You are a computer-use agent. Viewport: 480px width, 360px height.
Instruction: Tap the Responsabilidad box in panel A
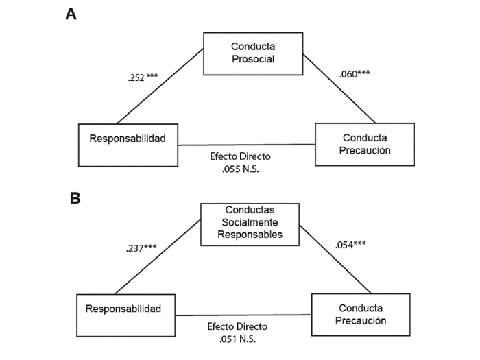click(x=128, y=145)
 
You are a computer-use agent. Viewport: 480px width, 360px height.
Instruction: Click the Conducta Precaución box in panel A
click(x=364, y=144)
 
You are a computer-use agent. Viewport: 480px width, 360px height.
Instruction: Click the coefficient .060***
click(x=355, y=74)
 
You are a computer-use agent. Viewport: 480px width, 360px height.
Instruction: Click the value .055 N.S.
click(x=243, y=167)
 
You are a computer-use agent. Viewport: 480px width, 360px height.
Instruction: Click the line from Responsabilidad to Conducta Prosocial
click(x=160, y=86)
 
